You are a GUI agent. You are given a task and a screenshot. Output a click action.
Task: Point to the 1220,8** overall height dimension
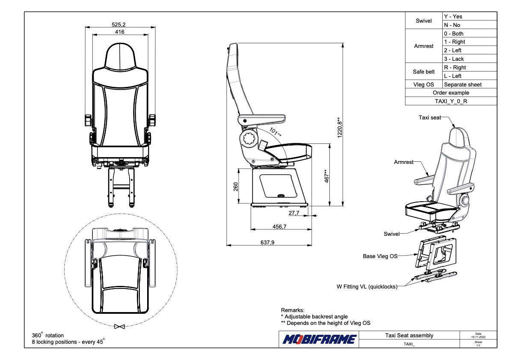tap(339, 127)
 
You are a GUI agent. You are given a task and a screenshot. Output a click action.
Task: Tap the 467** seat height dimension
tap(326, 176)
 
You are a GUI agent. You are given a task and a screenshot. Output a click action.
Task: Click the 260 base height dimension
tap(235, 187)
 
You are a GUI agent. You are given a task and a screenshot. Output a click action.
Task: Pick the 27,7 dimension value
tap(294, 212)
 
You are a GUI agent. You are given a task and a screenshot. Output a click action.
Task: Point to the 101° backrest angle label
tap(275, 132)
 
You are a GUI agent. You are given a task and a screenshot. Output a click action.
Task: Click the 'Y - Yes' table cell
tap(453, 17)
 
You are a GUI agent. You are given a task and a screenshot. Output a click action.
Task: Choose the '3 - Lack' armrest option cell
tap(454, 59)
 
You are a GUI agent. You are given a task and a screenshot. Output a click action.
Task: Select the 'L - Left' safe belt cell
tap(453, 76)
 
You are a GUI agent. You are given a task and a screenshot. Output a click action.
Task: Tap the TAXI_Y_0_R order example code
tap(451, 101)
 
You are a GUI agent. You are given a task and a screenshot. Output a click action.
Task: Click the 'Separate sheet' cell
tap(463, 84)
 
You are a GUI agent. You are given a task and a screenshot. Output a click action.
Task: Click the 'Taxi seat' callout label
tap(429, 117)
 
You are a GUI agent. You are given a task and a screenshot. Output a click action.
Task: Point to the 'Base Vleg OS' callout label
tap(380, 256)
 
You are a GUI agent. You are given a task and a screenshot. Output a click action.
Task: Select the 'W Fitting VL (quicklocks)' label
tap(367, 287)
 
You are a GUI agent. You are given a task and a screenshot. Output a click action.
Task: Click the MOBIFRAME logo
tap(320, 339)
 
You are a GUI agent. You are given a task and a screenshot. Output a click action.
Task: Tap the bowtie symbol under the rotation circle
tap(119, 327)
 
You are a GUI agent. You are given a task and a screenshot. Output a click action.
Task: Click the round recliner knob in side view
tap(249, 139)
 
